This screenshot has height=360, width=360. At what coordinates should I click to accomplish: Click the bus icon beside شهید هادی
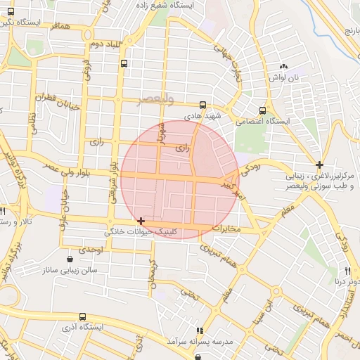(x=203, y=105)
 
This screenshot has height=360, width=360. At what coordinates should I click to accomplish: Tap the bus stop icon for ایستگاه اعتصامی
(x=262, y=110)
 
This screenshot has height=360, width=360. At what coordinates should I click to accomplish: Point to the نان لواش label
(x=286, y=77)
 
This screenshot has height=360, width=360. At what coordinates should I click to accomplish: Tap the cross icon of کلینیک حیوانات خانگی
(x=142, y=221)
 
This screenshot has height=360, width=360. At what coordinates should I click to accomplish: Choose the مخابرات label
(x=226, y=229)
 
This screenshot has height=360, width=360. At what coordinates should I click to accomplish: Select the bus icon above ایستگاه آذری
(x=83, y=317)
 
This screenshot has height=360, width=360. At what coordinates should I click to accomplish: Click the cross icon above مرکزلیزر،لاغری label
(x=320, y=164)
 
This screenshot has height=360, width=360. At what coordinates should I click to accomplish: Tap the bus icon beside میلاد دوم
(x=124, y=63)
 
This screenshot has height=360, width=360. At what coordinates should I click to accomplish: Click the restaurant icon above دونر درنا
(x=347, y=271)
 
